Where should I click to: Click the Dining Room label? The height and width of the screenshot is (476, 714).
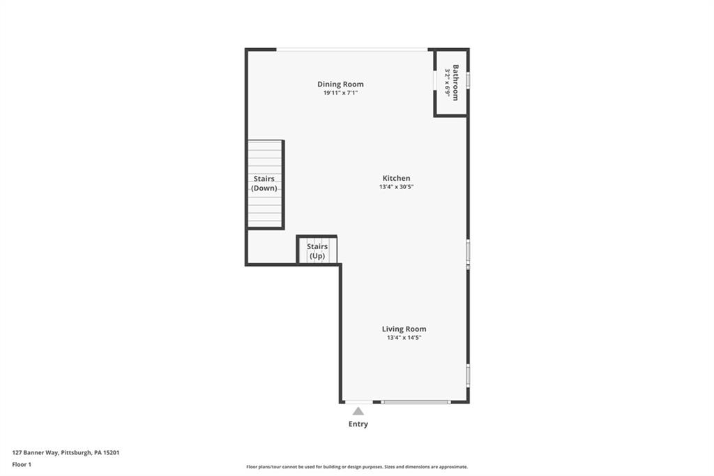tap(340, 84)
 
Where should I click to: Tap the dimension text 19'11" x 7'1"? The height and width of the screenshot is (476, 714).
tap(340, 93)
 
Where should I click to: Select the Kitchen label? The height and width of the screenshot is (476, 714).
tap(396, 178)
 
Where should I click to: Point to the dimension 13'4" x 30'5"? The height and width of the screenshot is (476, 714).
tap(396, 187)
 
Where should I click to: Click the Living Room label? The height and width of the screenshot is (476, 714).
tap(404, 329)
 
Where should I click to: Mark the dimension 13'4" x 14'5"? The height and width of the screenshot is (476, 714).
tap(404, 338)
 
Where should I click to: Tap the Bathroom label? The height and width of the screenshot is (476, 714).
tap(455, 82)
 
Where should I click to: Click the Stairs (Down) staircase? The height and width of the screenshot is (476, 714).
tap(265, 184)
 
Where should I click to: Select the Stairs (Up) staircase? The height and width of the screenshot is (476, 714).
tap(317, 251)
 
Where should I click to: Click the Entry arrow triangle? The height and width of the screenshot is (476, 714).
tap(358, 411)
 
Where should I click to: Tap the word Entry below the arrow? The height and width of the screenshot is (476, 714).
tap(358, 424)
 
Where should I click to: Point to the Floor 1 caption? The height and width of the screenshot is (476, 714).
tap(22, 464)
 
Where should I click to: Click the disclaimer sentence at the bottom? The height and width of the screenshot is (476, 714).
tap(356, 467)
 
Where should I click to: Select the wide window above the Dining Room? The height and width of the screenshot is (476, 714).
tap(352, 49)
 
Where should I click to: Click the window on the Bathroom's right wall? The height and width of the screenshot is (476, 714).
tap(468, 80)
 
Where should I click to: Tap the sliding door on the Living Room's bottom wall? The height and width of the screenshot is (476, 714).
tap(416, 402)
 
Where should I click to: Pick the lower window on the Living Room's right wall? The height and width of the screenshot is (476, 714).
tap(468, 375)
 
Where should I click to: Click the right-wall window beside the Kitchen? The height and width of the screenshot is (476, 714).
tap(468, 253)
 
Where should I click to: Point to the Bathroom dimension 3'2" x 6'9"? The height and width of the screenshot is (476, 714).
tap(447, 82)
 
